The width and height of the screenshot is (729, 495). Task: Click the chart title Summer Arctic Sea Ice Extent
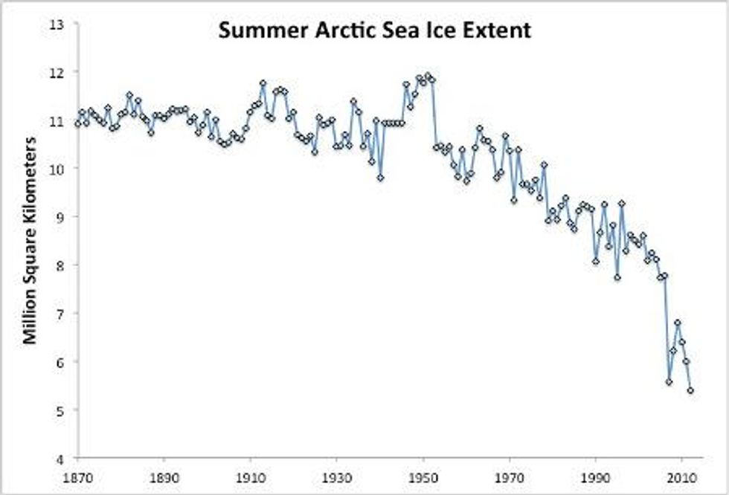tap(374, 30)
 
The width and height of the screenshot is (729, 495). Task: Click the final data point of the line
tap(690, 390)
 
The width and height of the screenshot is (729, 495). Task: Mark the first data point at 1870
tap(77, 124)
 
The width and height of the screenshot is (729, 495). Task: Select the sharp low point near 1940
tap(380, 178)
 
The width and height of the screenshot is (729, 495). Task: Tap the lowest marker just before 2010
tap(669, 381)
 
